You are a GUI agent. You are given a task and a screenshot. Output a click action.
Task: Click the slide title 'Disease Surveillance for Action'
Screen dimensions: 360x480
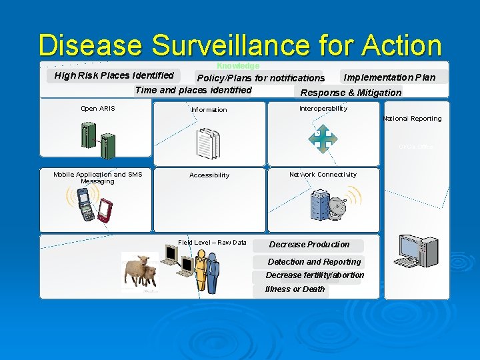[240, 45]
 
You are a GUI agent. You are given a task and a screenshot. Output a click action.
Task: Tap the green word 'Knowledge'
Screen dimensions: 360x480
[238, 66]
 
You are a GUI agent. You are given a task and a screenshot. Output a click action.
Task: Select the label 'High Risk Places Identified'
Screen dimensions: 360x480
[114, 75]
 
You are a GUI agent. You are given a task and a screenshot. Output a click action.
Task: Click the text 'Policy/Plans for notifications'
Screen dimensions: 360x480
[260, 78]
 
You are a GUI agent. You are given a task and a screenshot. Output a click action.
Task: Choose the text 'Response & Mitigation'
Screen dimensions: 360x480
[351, 93]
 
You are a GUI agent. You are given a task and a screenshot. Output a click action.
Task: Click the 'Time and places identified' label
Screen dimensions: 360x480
[193, 90]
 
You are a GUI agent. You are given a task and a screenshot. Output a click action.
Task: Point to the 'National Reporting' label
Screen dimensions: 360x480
[412, 119]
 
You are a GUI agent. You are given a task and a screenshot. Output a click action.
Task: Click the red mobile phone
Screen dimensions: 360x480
[104, 210]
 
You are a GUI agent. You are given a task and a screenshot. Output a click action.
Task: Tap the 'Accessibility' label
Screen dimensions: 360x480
[209, 175]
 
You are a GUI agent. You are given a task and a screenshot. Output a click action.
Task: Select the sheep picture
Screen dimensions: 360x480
[141, 271]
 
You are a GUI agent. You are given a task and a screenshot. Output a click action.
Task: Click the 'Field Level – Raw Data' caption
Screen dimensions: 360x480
[212, 243]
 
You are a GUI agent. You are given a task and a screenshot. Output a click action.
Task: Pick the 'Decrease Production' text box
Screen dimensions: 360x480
[309, 245]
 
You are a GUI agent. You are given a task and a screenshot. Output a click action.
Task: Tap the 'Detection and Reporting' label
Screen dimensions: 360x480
[314, 262]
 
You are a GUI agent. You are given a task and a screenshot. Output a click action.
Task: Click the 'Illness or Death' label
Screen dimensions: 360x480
[295, 289]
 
